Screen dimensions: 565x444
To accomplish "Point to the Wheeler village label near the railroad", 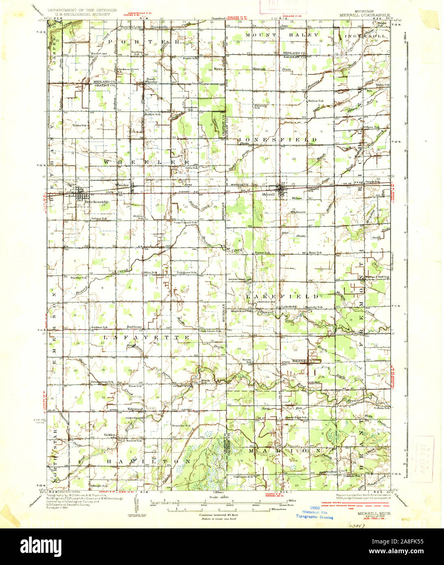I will pos(122,185).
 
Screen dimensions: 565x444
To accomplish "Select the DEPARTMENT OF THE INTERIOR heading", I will pos(82,9).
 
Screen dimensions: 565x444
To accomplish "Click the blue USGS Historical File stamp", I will pos(315,513).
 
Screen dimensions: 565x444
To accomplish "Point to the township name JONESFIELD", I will pos(284,140).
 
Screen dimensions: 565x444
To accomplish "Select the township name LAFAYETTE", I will pos(146,337).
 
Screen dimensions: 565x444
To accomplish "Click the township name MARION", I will pos(284,451).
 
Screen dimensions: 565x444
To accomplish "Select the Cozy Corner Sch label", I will pos(185,223).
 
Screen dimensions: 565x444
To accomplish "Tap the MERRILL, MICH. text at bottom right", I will pos(374,513).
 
